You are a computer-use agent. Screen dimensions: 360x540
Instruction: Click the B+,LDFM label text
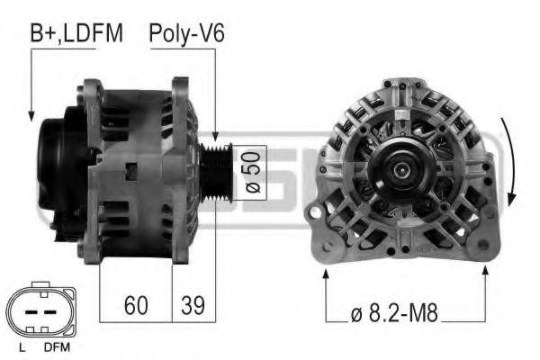[76, 33]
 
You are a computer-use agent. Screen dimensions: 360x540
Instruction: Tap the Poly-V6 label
[186, 33]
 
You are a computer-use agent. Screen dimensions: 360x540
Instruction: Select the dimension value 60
[135, 305]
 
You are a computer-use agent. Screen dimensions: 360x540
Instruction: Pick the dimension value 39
[191, 305]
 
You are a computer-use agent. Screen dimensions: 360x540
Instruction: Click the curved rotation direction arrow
[512, 162]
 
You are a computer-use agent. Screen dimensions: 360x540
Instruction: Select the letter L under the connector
[21, 346]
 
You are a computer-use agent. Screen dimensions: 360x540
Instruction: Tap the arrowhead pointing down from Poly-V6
[216, 132]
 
